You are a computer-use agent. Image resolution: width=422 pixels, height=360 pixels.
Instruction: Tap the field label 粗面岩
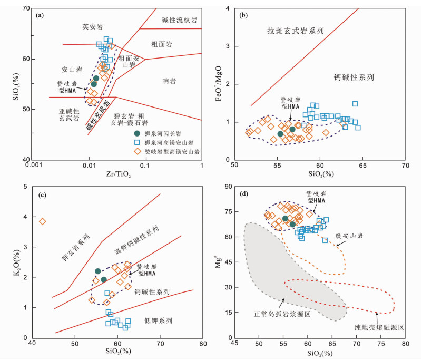(x=161, y=45)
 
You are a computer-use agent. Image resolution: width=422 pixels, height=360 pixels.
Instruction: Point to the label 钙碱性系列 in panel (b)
(x=354, y=77)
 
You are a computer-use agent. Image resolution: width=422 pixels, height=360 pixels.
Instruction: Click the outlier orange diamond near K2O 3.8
(x=43, y=221)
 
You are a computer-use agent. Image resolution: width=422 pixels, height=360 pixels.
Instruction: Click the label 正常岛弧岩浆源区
(x=281, y=315)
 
